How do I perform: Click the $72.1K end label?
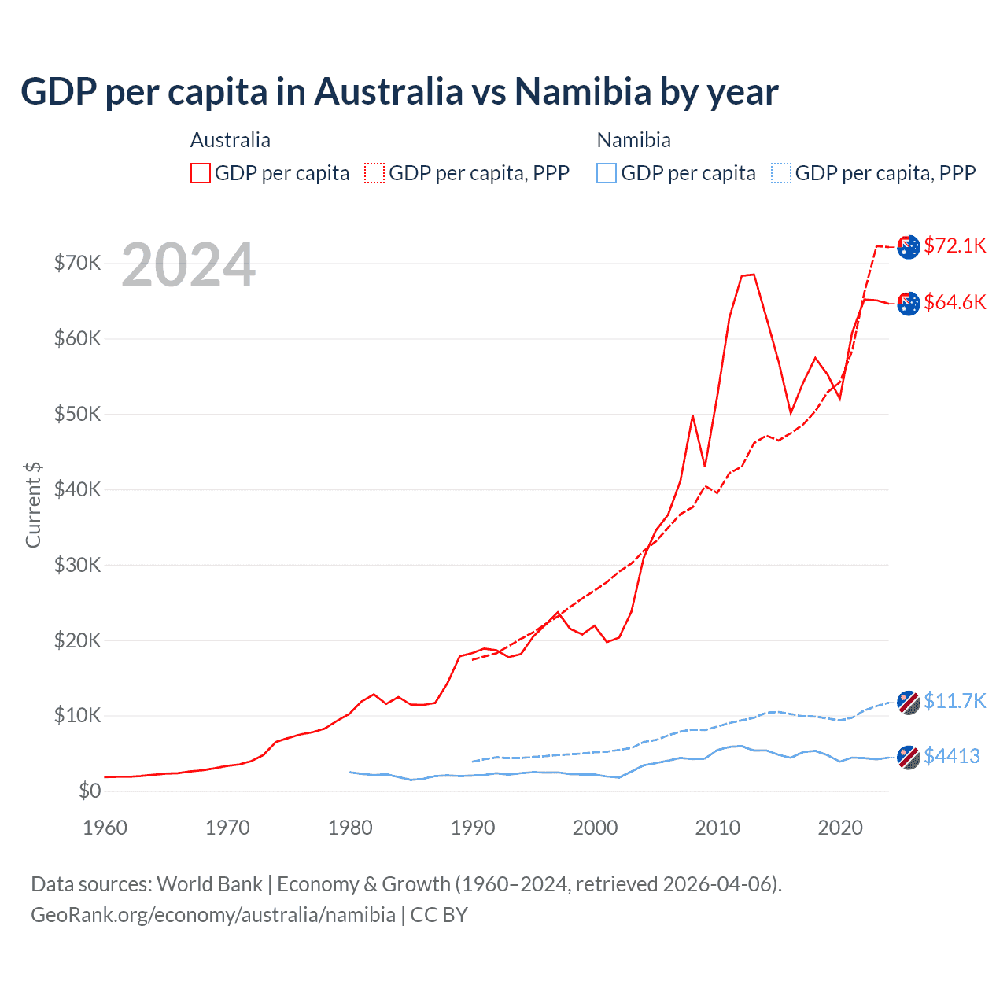(x=954, y=245)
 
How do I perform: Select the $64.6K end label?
(x=954, y=302)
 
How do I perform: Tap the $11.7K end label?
(x=954, y=701)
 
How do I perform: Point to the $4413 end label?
(x=951, y=756)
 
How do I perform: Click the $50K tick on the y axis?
(x=77, y=414)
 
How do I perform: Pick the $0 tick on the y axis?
(x=90, y=791)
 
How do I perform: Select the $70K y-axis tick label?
(x=77, y=263)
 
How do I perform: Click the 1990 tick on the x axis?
(x=473, y=828)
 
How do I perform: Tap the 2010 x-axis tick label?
(x=717, y=828)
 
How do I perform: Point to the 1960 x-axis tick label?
(x=105, y=828)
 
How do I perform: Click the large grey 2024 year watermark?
(x=189, y=265)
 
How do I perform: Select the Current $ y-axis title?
(x=33, y=504)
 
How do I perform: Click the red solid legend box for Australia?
(x=201, y=173)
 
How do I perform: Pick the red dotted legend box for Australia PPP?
(x=374, y=173)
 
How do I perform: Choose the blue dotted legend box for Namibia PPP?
(x=781, y=173)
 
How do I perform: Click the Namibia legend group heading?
(x=633, y=140)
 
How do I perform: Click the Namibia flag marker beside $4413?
(x=909, y=757)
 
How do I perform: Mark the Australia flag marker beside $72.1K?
(x=909, y=246)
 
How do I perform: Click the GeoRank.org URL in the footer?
(x=213, y=915)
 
